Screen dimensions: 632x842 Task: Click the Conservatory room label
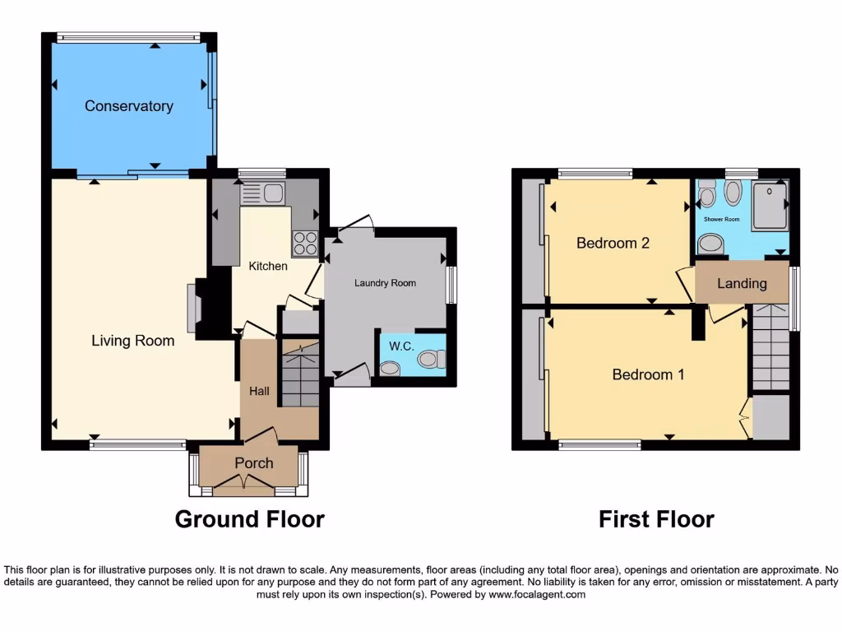click(128, 106)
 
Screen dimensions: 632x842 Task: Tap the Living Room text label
click(132, 341)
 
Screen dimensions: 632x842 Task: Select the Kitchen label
click(268, 266)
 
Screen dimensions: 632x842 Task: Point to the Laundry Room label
click(385, 283)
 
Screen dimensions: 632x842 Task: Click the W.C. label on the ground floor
click(400, 346)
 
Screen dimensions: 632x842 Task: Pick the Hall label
click(259, 391)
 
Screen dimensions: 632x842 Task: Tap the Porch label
click(253, 463)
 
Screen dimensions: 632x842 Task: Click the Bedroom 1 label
click(648, 374)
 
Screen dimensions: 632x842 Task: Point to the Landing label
click(742, 283)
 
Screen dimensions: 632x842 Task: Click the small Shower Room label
click(721, 220)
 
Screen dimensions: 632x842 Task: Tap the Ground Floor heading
click(249, 519)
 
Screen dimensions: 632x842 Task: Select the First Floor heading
click(655, 519)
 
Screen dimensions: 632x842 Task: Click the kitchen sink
click(262, 194)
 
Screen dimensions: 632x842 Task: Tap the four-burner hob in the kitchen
click(304, 243)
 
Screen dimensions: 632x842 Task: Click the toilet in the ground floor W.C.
click(431, 359)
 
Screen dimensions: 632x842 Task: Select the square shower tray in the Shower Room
click(770, 203)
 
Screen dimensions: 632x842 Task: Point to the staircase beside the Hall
click(299, 374)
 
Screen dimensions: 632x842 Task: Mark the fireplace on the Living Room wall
click(194, 309)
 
